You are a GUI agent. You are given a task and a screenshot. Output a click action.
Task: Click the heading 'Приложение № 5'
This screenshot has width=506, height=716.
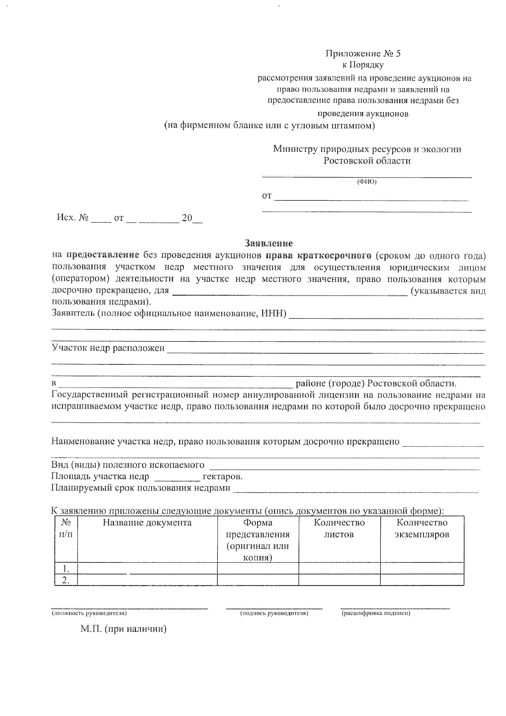click(x=363, y=54)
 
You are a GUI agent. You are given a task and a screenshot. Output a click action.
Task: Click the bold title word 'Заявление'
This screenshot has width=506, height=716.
click(x=269, y=243)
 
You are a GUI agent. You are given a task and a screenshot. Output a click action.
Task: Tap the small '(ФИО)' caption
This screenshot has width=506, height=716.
click(x=366, y=182)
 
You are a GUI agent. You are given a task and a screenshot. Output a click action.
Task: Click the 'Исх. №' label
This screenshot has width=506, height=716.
click(x=73, y=218)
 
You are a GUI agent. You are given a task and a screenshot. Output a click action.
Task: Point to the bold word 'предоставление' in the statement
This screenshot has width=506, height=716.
click(x=103, y=255)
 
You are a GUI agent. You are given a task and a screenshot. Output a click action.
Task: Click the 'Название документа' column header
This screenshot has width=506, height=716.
click(x=147, y=523)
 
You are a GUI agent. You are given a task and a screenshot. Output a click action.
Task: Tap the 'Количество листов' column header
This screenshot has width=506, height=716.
click(x=339, y=528)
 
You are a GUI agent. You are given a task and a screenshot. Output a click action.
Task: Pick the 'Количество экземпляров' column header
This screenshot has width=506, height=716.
click(x=422, y=528)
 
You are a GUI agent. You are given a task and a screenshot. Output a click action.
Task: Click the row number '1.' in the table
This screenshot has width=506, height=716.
click(x=66, y=568)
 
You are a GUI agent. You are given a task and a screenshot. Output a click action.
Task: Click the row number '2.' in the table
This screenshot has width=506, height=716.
click(x=66, y=580)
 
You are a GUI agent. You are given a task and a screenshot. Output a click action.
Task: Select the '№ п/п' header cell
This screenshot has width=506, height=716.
click(x=66, y=528)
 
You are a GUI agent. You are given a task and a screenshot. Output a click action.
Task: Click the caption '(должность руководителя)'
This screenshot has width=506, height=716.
click(x=89, y=613)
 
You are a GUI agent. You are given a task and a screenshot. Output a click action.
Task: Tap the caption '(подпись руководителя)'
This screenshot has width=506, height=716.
click(x=274, y=613)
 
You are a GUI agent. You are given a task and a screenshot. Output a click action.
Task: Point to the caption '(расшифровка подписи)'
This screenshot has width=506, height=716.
click(x=376, y=613)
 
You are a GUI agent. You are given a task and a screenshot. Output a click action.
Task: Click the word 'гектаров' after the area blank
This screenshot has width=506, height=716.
click(x=222, y=476)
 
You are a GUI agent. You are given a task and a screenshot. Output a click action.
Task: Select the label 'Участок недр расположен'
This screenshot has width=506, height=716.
click(x=108, y=348)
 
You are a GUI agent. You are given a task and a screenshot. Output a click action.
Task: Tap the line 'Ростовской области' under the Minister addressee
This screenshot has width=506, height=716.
click(x=367, y=161)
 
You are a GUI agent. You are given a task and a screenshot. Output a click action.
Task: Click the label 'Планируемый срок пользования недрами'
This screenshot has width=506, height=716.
click(x=141, y=488)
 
